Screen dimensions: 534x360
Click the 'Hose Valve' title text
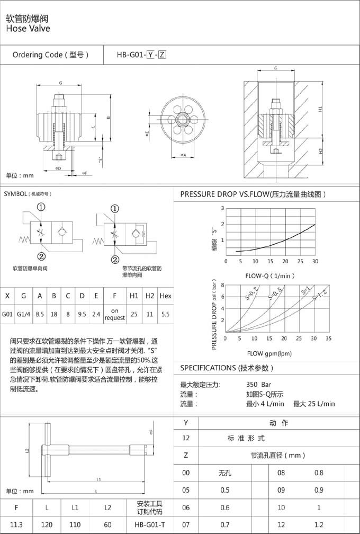28,28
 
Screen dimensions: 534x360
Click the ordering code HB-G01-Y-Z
142,55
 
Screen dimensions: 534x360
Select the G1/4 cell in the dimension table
23,314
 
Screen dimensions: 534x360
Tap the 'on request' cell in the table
114,314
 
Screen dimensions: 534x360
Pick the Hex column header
165,295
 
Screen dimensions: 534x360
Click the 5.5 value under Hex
165,314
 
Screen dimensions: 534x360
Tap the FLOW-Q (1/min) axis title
270,275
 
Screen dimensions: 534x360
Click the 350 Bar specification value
258,385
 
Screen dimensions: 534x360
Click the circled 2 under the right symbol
114,259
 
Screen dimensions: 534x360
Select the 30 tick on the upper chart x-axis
316,261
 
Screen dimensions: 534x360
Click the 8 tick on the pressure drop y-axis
222,284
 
